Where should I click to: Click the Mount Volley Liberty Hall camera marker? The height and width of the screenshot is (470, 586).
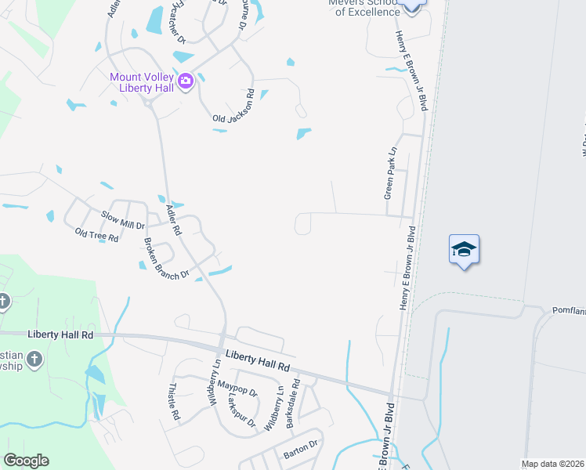tap(186, 81)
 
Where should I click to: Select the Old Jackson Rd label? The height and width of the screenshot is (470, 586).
tap(234, 107)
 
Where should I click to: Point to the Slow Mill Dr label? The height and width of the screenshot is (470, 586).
tap(122, 219)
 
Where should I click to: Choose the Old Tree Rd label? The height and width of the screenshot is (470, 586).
tap(96, 234)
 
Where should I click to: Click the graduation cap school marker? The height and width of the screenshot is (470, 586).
tap(463, 249)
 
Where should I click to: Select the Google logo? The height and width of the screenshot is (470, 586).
tap(26, 461)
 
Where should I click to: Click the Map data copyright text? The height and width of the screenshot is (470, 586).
tap(553, 464)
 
